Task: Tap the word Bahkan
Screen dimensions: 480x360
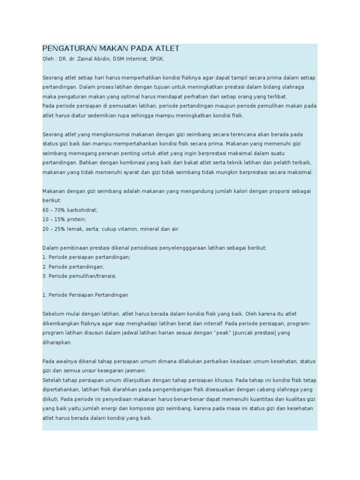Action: click(89, 163)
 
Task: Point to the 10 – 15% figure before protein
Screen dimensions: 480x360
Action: click(52, 219)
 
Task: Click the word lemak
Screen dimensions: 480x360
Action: click(74, 229)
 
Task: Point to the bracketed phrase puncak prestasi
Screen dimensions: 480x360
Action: click(254, 333)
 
